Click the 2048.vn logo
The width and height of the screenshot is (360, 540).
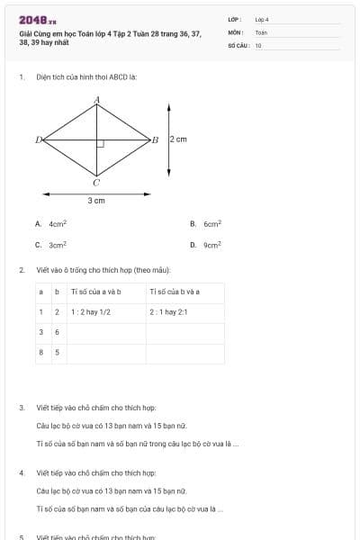tap(38, 20)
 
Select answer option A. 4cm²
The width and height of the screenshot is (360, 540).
tap(51, 223)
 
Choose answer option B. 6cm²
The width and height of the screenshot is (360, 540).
tap(206, 223)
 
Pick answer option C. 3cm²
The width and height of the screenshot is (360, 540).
tap(51, 244)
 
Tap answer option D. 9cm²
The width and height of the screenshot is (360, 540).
tap(206, 244)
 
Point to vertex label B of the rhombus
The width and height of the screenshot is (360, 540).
tap(155, 139)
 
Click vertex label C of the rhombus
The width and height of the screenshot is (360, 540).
tap(96, 182)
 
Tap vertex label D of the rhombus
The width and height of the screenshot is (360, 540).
tap(38, 139)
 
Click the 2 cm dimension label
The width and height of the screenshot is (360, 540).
tap(178, 139)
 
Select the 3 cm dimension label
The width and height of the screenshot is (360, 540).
tap(96, 201)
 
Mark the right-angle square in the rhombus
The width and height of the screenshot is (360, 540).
tap(101, 143)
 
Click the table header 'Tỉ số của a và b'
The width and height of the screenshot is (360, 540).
tap(95, 292)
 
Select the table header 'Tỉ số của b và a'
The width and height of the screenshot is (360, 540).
tap(175, 292)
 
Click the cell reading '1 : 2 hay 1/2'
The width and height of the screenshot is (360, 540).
tap(91, 311)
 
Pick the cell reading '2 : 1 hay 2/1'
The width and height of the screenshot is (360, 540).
tap(168, 311)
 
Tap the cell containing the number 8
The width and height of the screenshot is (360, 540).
tap(40, 352)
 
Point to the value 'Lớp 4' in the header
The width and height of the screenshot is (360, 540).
tap(262, 19)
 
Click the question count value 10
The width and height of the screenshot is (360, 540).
tap(258, 44)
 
